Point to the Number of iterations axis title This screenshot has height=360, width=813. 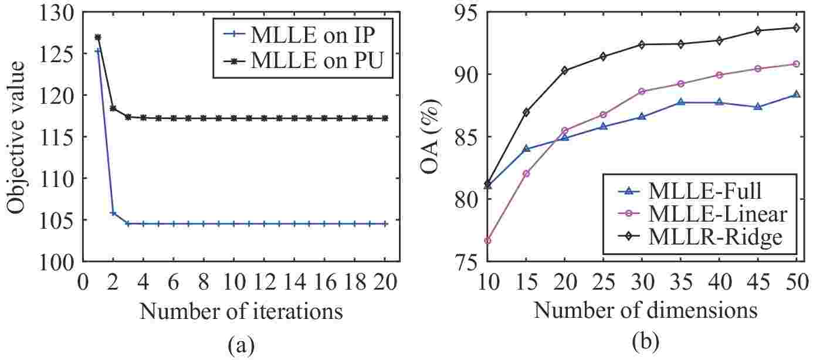(x=241, y=311)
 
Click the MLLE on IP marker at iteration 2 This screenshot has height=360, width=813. (x=113, y=213)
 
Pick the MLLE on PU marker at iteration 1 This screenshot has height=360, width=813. (x=98, y=38)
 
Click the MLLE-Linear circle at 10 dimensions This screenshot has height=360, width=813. (x=487, y=240)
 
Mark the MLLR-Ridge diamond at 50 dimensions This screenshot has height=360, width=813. (x=796, y=28)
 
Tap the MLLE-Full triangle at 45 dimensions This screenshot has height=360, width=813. (x=758, y=107)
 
